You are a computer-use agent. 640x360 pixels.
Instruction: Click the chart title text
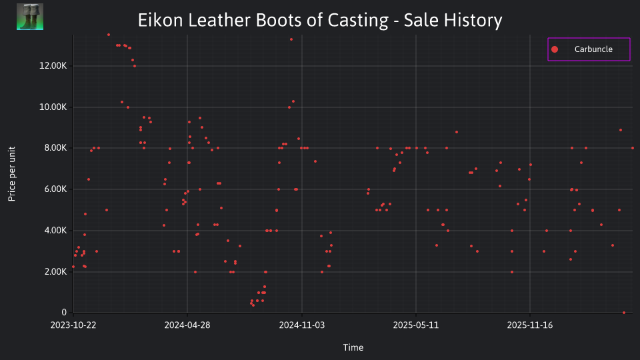[x=320, y=20]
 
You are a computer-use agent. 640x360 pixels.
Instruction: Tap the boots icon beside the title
[x=30, y=17]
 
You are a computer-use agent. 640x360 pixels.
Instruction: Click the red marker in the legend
[x=554, y=49]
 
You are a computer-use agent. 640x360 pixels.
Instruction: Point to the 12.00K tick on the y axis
[x=53, y=66]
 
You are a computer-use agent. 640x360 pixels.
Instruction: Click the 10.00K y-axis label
[x=53, y=107]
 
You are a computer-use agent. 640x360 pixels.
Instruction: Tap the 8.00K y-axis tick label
[x=55, y=148]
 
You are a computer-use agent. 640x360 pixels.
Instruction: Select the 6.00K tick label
[x=55, y=189]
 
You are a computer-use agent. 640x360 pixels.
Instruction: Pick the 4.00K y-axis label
[x=55, y=230]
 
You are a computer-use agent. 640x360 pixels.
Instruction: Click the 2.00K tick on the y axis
[x=55, y=271]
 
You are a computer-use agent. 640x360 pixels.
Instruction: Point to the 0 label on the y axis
[x=64, y=312]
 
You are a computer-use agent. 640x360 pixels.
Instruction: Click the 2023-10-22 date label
[x=73, y=325]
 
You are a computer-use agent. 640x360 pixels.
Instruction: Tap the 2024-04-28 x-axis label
[x=187, y=325]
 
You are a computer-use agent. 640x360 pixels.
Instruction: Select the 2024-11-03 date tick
[x=301, y=325]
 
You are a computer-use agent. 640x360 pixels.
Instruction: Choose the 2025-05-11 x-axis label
[x=415, y=325]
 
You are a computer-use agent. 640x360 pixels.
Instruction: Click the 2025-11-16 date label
[x=530, y=325]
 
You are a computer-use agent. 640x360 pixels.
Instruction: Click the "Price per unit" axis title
[x=12, y=174]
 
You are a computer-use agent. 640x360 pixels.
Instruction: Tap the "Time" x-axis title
[x=353, y=347]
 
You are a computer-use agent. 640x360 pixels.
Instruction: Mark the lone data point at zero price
[x=624, y=313]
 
